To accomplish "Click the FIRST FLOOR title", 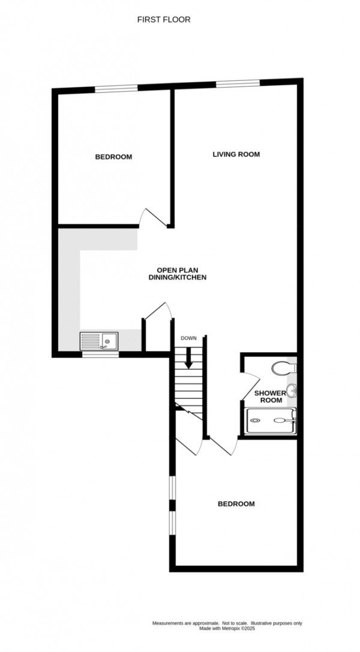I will tap(164, 20).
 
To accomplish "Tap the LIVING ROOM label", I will tap(236, 154).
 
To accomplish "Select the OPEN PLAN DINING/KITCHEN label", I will tap(178, 274).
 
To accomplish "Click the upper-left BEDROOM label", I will tap(113, 157).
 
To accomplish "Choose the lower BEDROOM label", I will tap(236, 504).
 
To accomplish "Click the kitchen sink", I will tap(100, 342).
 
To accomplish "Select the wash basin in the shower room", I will tap(292, 392).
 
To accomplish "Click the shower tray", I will tap(271, 420).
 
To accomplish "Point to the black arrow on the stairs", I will tap(188, 358).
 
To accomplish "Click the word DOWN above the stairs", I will tap(188, 339).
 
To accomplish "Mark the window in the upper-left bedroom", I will tap(116, 89).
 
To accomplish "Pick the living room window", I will tap(238, 83).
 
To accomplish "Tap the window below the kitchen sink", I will tap(100, 354).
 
